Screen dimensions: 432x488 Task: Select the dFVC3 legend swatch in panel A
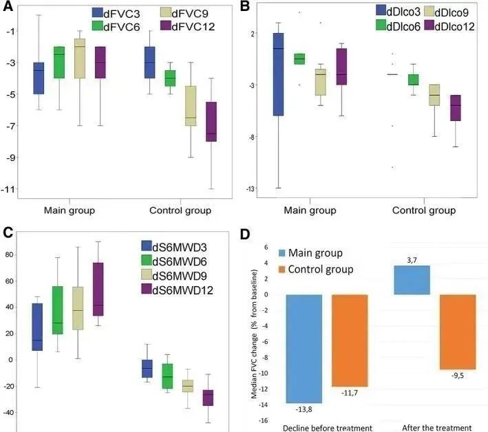[98, 12]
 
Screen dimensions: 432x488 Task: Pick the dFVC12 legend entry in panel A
[182, 26]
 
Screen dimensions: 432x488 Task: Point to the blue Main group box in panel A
[39, 78]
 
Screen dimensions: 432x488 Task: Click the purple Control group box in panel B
[456, 108]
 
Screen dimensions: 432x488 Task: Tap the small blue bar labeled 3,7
[411, 280]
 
